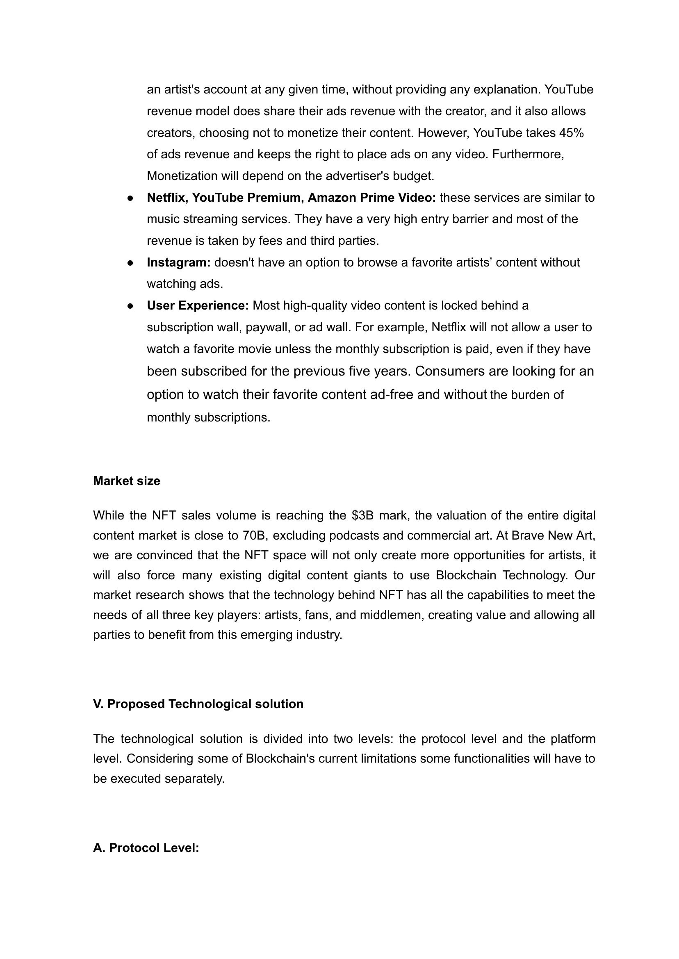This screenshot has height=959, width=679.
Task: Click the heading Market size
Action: coord(126,481)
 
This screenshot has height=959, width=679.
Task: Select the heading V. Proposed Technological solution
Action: coord(198,704)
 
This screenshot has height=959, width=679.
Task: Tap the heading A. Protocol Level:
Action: coord(146,848)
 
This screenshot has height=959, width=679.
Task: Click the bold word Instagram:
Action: coord(178,262)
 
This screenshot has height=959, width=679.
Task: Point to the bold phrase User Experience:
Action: coord(198,305)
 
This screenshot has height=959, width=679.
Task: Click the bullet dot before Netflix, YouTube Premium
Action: coord(130,198)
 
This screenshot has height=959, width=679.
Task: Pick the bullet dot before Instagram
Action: coord(130,263)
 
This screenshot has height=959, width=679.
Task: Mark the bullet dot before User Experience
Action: coord(130,306)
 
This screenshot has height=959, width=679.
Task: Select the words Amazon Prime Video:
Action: coord(372,198)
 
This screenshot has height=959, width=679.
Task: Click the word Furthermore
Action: coord(528,154)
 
